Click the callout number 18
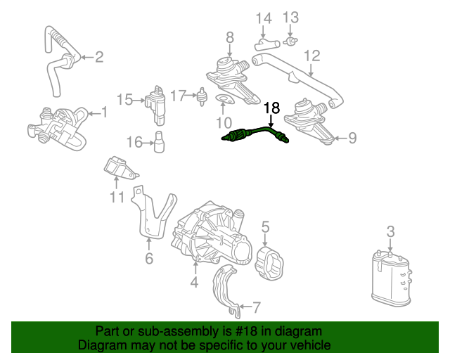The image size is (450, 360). [271, 108]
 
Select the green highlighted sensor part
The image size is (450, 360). [255, 133]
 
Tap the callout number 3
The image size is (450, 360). [391, 231]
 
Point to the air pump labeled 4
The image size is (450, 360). [211, 236]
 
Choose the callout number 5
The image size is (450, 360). [265, 226]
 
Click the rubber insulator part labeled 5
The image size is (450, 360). [270, 263]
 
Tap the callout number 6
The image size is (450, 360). [149, 259]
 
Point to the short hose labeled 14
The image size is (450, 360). [264, 44]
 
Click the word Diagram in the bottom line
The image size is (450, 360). [99, 345]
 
